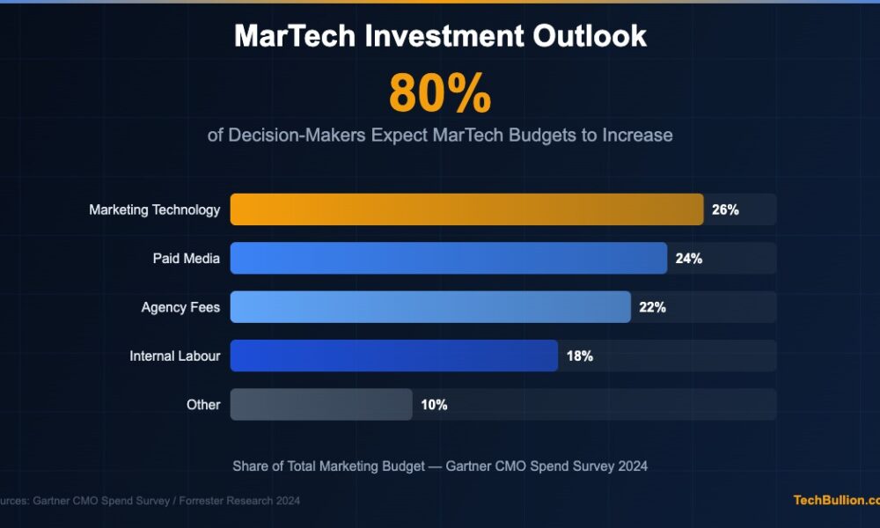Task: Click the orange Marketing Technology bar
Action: point(466,209)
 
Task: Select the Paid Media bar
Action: point(449,259)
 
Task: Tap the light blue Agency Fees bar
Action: point(430,307)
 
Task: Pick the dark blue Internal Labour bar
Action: point(393,356)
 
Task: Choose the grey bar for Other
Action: point(321,405)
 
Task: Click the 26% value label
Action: point(725,210)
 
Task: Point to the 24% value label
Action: point(689,259)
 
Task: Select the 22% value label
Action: point(652,307)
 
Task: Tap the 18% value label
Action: point(579,356)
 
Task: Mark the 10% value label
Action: point(434,405)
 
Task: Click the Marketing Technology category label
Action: point(154,210)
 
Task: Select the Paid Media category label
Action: point(186,259)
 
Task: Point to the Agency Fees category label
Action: point(180,307)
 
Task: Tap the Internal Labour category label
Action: point(174,356)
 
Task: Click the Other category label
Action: point(202,405)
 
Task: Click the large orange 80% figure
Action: point(440,93)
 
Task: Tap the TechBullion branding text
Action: point(835,500)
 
